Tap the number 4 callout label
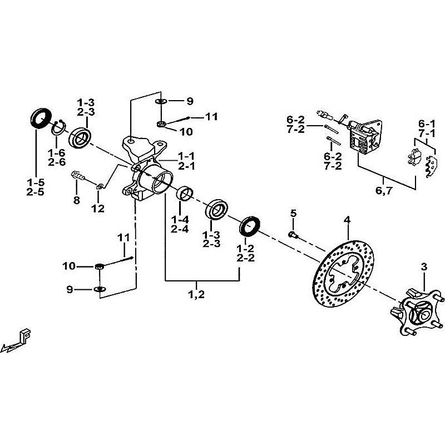tap(347, 220)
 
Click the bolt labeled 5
tap(294, 235)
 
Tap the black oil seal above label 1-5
tap(38, 119)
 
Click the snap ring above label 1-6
tap(59, 129)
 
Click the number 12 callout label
tap(98, 209)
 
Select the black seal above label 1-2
tap(250, 227)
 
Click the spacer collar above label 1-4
tap(185, 195)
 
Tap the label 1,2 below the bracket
tap(197, 294)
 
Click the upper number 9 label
tap(190, 101)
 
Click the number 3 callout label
tap(424, 268)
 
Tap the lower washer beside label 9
tap(99, 289)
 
